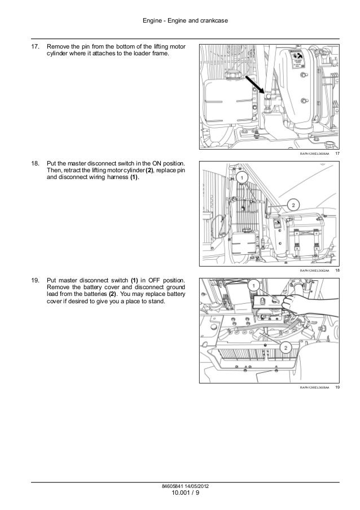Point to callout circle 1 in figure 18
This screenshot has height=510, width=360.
pos(242,178)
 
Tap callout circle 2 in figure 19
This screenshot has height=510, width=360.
pos(286,346)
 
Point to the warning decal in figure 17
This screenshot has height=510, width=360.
pos(298,60)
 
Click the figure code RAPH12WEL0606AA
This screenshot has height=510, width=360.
pos(314,155)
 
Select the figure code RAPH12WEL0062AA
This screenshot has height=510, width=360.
pos(314,271)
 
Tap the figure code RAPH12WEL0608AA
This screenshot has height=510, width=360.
pos(314,387)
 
